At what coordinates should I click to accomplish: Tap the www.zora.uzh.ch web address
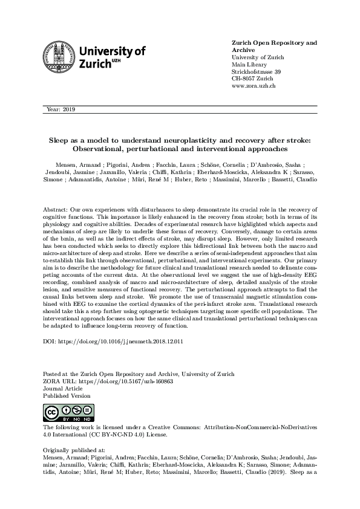tap(254, 86)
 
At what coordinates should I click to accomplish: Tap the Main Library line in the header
tap(250, 65)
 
